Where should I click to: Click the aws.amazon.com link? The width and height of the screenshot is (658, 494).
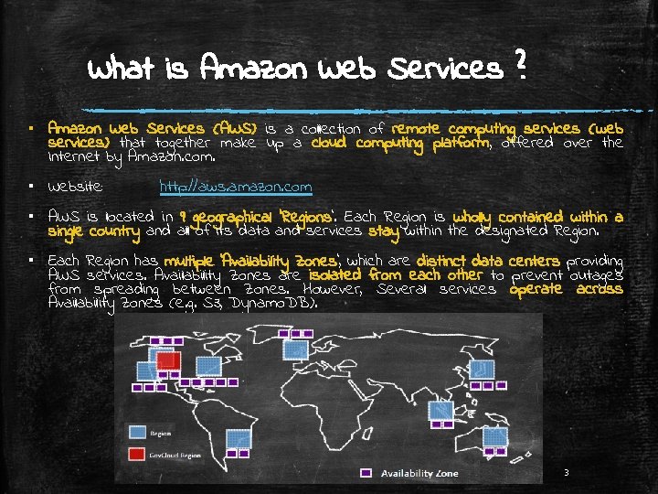[235, 188]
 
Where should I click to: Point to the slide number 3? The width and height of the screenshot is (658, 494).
[567, 473]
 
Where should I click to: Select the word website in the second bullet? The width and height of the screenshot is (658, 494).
[76, 188]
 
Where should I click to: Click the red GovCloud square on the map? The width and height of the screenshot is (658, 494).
[167, 360]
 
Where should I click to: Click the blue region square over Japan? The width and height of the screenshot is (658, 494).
[479, 367]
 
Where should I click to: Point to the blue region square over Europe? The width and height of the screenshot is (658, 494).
[296, 349]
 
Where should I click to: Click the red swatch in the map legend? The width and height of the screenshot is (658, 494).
[136, 454]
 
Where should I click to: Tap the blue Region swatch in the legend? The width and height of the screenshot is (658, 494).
[136, 430]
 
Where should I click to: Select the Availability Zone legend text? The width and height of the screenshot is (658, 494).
[420, 473]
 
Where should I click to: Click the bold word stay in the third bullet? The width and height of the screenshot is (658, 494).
[384, 231]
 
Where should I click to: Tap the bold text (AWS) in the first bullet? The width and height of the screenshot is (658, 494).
[234, 129]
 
